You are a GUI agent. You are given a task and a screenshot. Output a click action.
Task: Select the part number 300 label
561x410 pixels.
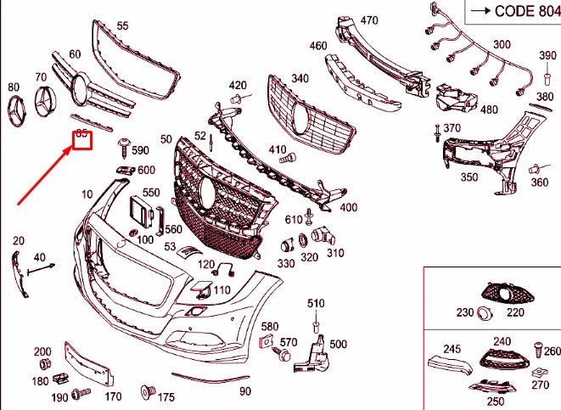click(x=502, y=44)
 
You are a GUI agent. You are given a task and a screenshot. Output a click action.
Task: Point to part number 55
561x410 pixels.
click(x=123, y=26)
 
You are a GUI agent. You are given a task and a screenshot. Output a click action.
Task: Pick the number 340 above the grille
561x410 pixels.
click(x=300, y=79)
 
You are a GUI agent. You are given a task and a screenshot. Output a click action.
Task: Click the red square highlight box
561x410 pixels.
click(x=82, y=138)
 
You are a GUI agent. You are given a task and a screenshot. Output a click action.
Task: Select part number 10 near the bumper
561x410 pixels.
click(x=87, y=194)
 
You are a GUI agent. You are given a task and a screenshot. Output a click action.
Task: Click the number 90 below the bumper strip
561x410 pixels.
click(x=245, y=390)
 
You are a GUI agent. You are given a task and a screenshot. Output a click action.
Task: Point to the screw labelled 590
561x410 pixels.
click(x=125, y=147)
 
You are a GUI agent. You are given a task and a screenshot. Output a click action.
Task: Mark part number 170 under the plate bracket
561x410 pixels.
click(x=113, y=396)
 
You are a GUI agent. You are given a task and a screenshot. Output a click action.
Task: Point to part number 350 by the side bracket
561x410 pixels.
click(x=468, y=177)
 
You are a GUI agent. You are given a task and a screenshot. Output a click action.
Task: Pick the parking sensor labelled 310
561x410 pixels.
click(x=321, y=236)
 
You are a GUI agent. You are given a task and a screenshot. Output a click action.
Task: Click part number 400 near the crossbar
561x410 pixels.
click(x=348, y=207)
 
